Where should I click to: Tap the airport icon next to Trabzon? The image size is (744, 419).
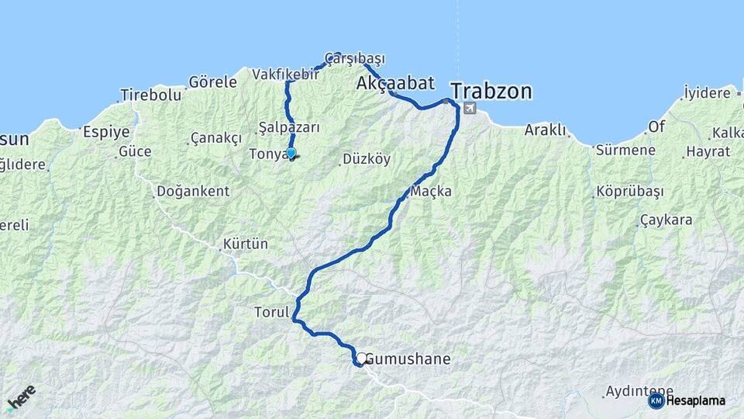(469, 109)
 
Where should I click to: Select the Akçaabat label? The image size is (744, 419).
(395, 82)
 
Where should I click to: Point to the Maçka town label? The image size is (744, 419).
(431, 191)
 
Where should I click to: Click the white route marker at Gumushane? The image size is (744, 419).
(361, 358)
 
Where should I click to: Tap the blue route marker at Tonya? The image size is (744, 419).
(291, 153)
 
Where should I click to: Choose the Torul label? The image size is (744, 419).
(271, 312)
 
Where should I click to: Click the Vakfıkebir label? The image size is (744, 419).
(285, 74)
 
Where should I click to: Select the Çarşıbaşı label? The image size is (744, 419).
(355, 58)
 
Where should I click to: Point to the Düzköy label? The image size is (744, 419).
(367, 160)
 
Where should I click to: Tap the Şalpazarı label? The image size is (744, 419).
(289, 127)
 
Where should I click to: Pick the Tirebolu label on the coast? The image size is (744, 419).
(150, 95)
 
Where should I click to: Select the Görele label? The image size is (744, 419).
(212, 81)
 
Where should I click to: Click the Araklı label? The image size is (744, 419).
(547, 130)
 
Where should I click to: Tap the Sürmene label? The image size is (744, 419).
(626, 150)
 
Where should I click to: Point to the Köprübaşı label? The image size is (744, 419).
(630, 191)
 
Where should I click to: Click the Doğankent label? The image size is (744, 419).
(193, 191)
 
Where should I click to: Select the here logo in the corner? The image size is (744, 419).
(21, 397)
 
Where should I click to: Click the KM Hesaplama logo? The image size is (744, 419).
(687, 400)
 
